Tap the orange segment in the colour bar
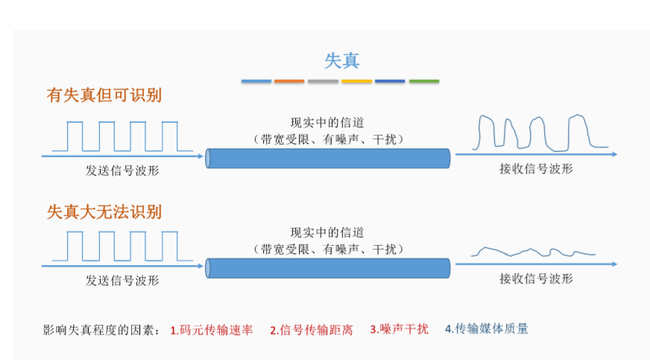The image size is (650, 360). (x=289, y=80)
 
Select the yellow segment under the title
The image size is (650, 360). (x=356, y=80)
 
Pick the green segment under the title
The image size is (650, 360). (x=423, y=80)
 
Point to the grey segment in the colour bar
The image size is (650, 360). (x=323, y=80)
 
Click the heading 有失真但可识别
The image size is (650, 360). (x=104, y=95)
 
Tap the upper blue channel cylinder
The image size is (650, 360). (x=328, y=158)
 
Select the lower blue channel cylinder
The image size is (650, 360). (x=328, y=268)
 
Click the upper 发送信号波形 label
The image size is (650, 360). (x=122, y=170)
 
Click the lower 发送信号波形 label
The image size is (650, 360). (x=122, y=280)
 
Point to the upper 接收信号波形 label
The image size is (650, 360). (x=536, y=169)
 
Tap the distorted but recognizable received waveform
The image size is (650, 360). (x=534, y=133)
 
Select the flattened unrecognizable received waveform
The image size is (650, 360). (x=534, y=252)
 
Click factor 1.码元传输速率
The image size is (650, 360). (x=212, y=329)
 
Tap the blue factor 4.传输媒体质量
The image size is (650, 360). (x=486, y=328)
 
